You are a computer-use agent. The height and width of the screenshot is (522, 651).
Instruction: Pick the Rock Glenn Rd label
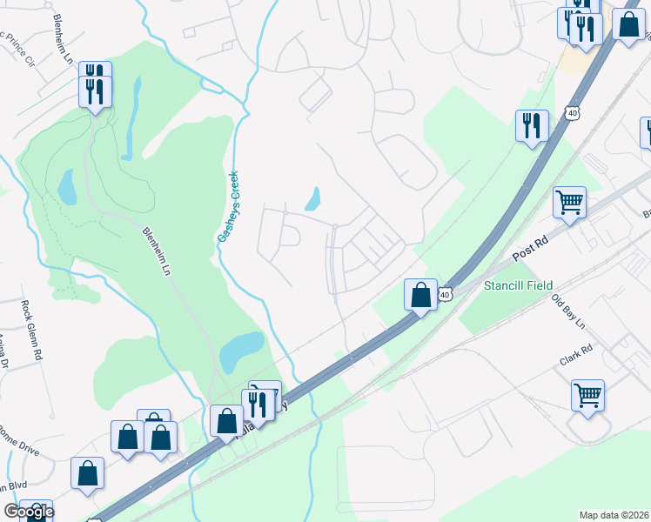tap(31, 331)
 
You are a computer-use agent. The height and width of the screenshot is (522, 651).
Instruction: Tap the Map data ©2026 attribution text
tap(613, 515)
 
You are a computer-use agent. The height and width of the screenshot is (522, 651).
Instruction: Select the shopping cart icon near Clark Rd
tap(587, 395)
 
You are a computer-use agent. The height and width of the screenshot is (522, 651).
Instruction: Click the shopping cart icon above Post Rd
tap(569, 203)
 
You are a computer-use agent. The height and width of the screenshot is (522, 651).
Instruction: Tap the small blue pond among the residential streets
tap(312, 200)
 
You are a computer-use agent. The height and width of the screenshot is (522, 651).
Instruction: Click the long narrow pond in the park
tap(131, 123)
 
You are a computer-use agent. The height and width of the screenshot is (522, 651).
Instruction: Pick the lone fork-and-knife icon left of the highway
tap(531, 126)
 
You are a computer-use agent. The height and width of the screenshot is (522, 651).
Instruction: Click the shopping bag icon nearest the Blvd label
tap(87, 473)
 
